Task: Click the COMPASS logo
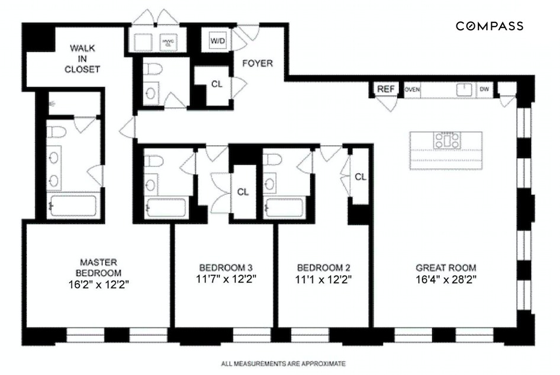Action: tap(489, 25)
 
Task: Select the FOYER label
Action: tap(258, 63)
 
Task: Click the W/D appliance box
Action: tap(217, 41)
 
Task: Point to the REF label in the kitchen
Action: tap(386, 89)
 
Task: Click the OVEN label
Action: tap(413, 89)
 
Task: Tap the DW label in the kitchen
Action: tap(484, 89)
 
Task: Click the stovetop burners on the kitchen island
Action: tap(446, 140)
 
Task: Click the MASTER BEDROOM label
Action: tap(99, 267)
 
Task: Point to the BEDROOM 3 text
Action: tap(222, 267)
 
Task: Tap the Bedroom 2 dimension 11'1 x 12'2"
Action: tap(325, 278)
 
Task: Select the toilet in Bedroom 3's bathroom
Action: tap(152, 162)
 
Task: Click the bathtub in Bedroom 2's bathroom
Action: tap(285, 208)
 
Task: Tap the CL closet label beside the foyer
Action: tap(217, 84)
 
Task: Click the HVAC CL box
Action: tap(169, 42)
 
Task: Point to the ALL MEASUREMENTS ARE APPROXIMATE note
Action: tap(283, 363)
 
